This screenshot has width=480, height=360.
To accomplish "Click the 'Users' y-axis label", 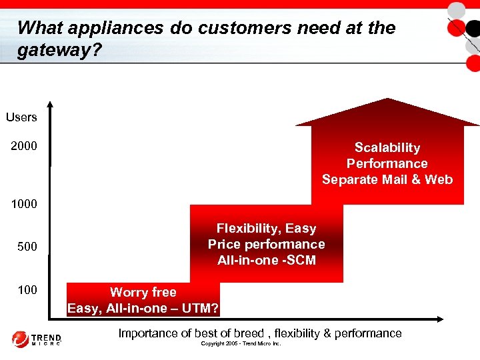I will pyautogui.click(x=21, y=117).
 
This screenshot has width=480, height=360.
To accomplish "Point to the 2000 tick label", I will pyautogui.click(x=24, y=146).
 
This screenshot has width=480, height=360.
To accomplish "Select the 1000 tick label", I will pyautogui.click(x=24, y=203).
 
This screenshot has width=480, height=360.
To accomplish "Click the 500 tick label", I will pyautogui.click(x=27, y=247).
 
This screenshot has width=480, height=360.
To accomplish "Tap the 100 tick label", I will pyautogui.click(x=27, y=290).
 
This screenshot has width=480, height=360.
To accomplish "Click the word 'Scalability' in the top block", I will pyautogui.click(x=387, y=147).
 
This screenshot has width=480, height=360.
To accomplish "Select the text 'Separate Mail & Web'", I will pyautogui.click(x=387, y=179).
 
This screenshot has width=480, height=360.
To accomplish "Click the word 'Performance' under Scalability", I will pyautogui.click(x=387, y=163).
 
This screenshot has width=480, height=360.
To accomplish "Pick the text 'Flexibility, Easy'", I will pyautogui.click(x=266, y=229).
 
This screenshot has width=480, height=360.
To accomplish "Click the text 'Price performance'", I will pyautogui.click(x=266, y=244).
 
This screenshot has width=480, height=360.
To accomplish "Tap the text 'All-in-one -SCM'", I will pyautogui.click(x=266, y=260).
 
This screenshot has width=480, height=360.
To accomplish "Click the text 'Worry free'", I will pyautogui.click(x=143, y=292).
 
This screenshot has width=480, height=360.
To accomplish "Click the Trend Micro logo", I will pyautogui.click(x=37, y=339).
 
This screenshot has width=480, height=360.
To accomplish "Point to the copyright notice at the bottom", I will pyautogui.click(x=241, y=344).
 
